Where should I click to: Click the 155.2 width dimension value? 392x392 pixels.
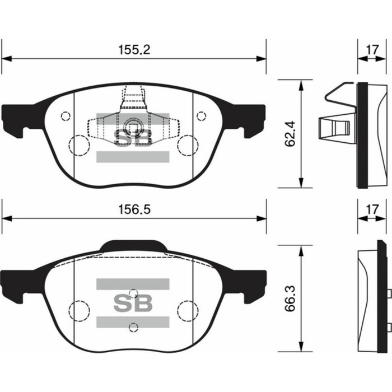pos(134,49)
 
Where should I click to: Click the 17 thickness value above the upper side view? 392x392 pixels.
pos(370,49)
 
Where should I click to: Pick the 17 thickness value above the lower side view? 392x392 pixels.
pos(370,209)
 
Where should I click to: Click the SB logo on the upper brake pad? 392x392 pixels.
pos(133,138)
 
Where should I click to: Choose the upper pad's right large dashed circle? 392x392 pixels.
pos(186,144)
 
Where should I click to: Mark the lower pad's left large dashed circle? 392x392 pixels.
pos(79,310)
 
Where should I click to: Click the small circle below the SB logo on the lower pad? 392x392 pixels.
pos(133,328)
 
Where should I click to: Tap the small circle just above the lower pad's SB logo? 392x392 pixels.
pos(133,292)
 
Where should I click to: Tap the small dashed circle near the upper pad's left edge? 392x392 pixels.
pos(66,116)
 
